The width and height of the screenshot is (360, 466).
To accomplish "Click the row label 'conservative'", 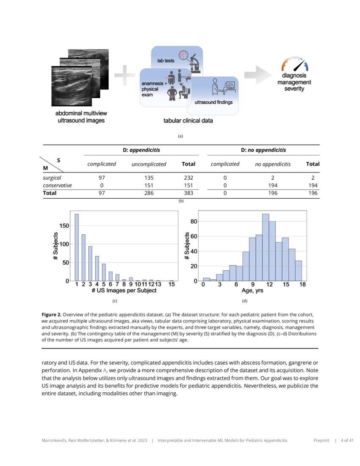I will coord(57,186).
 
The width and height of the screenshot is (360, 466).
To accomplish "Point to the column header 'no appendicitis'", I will coord(273,164).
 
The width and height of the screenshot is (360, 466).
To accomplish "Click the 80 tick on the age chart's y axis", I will coord(193,221).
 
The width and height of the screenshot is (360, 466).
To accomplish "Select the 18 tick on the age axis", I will coord(302,285).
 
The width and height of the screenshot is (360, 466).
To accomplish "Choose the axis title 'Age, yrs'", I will coord(252,291).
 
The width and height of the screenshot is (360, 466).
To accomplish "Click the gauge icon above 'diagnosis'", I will coord(295,64).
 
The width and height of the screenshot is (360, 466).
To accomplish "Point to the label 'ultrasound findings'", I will coord(213,103).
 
